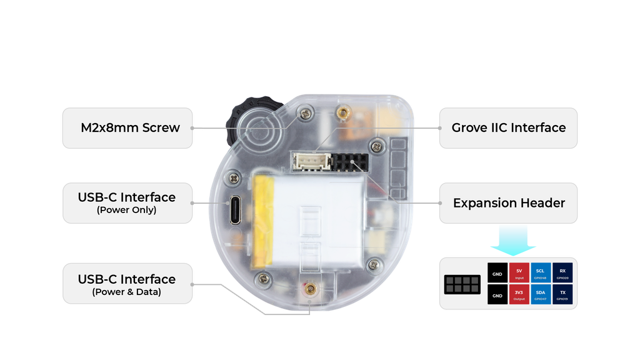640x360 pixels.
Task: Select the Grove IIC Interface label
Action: pos(508,128)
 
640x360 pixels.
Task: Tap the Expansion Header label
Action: pos(508,203)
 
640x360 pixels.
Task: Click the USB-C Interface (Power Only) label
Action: pos(127,202)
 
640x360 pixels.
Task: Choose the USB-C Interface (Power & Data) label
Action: pos(127,284)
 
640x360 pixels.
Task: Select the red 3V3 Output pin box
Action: pos(519,295)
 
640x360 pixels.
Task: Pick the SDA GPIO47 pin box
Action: pos(541,295)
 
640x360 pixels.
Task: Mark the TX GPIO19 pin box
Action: pos(562,295)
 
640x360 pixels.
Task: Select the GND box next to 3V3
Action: pos(497,295)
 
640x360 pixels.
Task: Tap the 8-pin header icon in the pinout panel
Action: pos(462,284)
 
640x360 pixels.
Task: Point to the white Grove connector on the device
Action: pos(311,163)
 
